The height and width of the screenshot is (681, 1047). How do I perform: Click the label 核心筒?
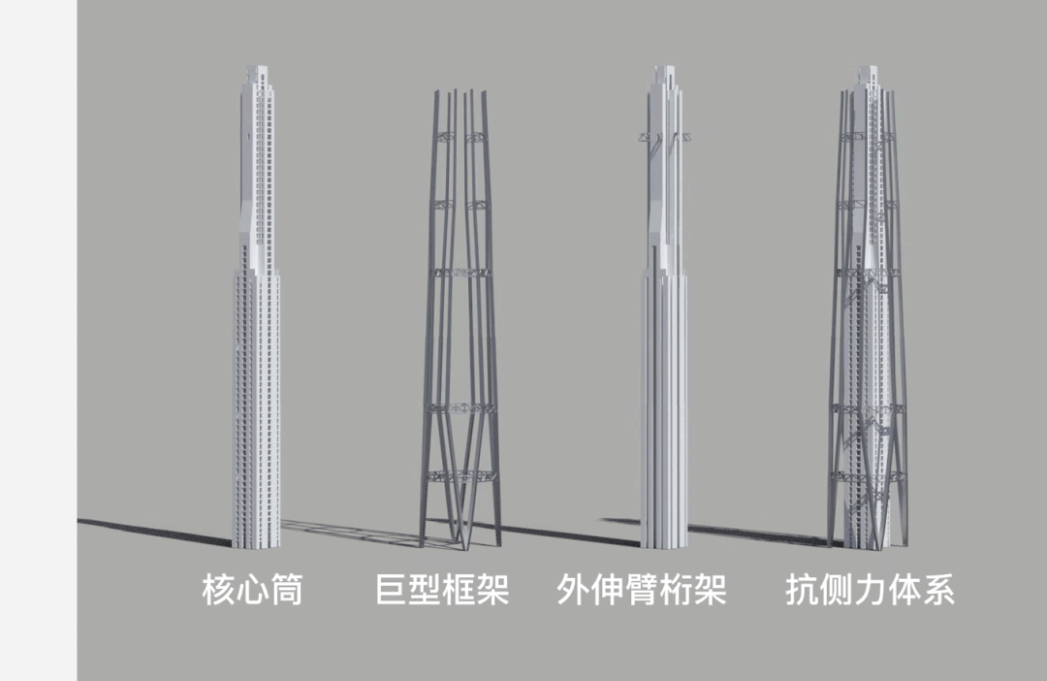(x=252, y=589)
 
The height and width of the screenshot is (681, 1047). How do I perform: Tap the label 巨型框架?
(x=441, y=589)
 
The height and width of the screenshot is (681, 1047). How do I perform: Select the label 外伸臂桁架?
(x=641, y=589)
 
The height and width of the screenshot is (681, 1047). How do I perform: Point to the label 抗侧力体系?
(x=869, y=589)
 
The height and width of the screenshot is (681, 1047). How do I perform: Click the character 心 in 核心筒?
(x=252, y=589)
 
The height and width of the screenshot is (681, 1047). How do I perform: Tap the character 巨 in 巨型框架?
(x=391, y=589)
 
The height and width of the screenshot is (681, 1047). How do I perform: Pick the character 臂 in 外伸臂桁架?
(x=641, y=589)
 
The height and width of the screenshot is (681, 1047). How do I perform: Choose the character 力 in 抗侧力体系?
(x=869, y=589)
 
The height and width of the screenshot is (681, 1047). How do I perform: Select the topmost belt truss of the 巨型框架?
(x=460, y=138)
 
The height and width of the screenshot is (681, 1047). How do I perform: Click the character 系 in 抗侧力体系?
(x=937, y=589)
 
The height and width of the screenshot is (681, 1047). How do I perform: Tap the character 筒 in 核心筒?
(x=286, y=589)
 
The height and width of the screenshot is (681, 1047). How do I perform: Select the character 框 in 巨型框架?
(x=459, y=589)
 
